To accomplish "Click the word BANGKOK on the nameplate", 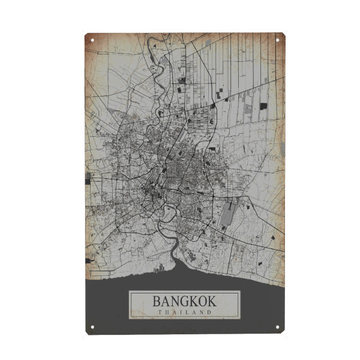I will click(184, 301).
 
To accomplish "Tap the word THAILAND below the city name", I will click(184, 311).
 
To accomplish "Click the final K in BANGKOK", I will click(211, 301).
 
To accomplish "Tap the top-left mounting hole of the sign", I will click(92, 40).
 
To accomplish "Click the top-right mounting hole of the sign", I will click(277, 40).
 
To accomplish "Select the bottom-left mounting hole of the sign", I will click(92, 327).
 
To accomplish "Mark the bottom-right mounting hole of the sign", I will click(277, 327).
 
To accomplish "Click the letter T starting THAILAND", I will click(160, 311).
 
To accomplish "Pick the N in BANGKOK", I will click(175, 301).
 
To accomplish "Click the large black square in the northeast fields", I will click(263, 106).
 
